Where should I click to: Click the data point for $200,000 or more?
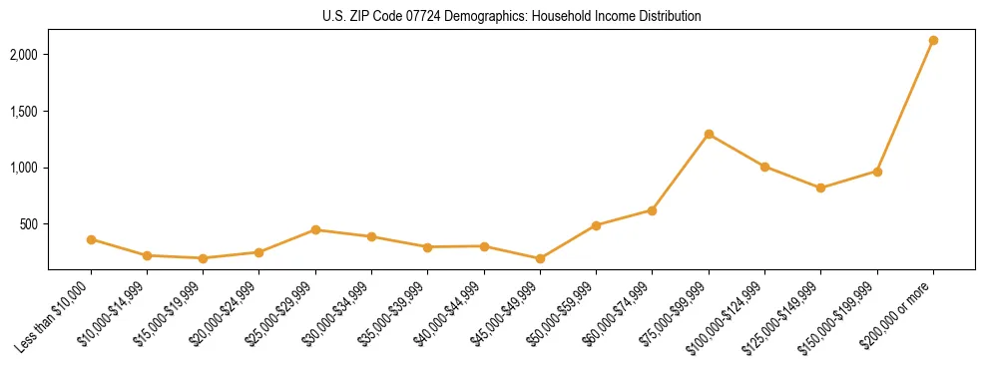coord(933,40)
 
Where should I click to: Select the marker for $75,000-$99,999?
coord(709,134)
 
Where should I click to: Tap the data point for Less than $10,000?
coord(91,239)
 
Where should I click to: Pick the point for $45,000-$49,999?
coord(540,258)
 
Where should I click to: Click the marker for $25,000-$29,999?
coord(315,229)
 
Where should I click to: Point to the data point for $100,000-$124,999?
coord(764,167)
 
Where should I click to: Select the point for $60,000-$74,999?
coord(652,210)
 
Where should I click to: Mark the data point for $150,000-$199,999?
coord(877,172)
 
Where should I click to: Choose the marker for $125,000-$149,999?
coord(820,187)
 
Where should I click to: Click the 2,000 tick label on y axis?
coord(24,54)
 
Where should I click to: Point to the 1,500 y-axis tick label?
coord(24,111)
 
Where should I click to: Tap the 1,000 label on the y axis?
coord(24,168)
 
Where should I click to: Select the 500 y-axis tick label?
coord(29,224)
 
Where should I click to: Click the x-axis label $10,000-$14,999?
coord(116,312)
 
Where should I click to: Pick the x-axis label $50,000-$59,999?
coord(565,312)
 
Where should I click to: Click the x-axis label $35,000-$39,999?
coord(396,312)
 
